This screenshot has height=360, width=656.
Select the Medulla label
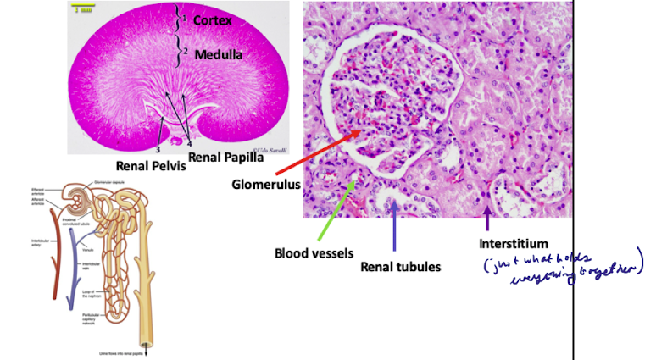click(217, 55)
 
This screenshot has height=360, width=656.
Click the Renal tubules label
click(401, 267)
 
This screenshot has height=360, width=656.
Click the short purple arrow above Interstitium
click(486, 219)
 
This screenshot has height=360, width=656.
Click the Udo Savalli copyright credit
click(274, 147)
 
